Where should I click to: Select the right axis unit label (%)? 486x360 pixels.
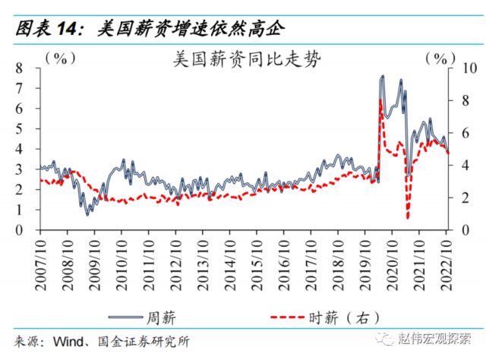click(x=438, y=57)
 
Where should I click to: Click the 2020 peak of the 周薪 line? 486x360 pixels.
click(x=382, y=76)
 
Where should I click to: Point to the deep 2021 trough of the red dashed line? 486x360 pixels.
click(x=408, y=218)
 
